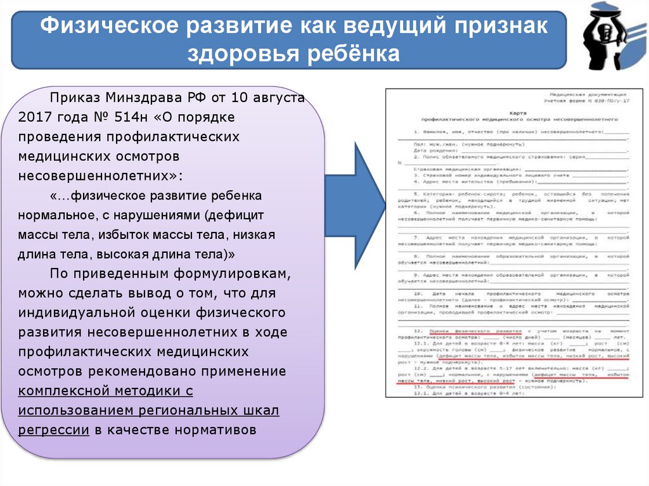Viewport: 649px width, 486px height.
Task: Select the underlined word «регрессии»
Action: [53, 430]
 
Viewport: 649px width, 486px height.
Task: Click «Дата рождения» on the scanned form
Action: [431, 151]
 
